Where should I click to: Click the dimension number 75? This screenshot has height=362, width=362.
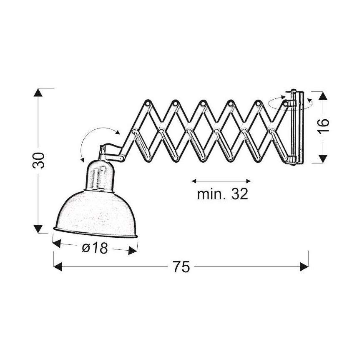(181, 266)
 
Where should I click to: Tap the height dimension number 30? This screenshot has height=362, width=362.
(38, 161)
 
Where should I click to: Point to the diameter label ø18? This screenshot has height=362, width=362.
(95, 248)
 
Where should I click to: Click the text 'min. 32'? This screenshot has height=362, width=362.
(223, 194)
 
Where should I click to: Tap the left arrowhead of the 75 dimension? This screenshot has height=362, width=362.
(58, 266)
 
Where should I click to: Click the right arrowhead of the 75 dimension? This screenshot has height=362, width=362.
(304, 266)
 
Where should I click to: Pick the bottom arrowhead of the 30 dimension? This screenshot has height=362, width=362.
(38, 229)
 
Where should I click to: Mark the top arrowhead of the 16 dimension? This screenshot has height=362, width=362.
(323, 96)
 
